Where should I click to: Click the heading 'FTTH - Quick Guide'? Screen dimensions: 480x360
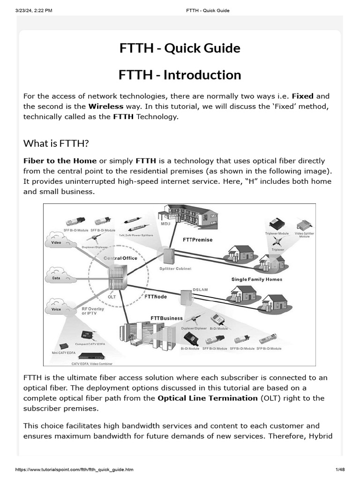[180, 48]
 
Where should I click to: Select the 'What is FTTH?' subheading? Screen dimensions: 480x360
[56, 143]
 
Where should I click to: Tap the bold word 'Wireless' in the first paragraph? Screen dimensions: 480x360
[106, 106]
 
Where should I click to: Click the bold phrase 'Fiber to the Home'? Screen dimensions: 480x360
[60, 161]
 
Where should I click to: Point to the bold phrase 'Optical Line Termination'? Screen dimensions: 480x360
[207, 398]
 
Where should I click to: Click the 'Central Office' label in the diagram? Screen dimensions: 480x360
[120, 258]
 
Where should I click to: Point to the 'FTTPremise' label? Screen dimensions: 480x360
[197, 240]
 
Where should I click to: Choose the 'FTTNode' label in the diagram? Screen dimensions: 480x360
[156, 297]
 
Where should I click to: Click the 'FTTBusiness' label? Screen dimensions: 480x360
[166, 318]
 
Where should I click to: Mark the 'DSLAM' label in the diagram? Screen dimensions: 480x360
[200, 290]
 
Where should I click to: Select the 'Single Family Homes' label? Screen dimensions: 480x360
[257, 279]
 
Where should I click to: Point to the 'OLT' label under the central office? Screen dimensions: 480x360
[112, 296]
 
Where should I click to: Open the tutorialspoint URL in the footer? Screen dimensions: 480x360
[75, 470]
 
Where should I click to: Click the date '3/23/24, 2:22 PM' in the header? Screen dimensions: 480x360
[34, 10]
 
